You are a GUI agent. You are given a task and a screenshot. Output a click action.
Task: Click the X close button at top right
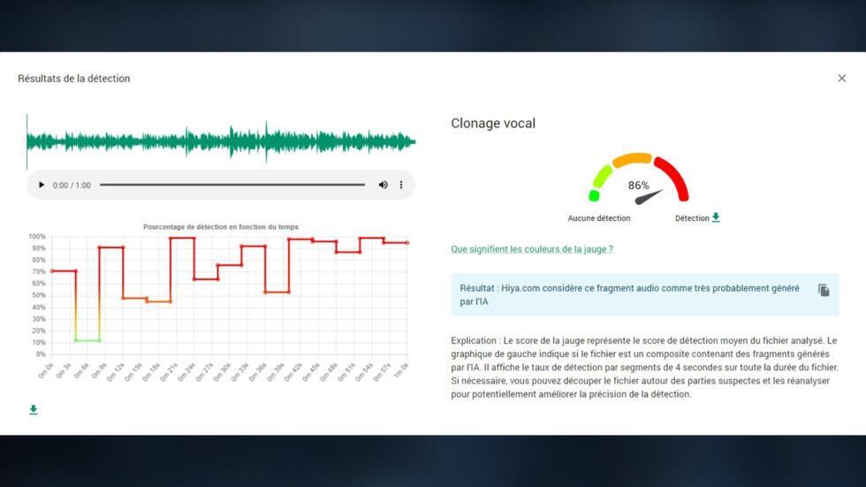pyautogui.click(x=841, y=79)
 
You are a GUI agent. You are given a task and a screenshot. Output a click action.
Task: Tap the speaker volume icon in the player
pyautogui.click(x=383, y=185)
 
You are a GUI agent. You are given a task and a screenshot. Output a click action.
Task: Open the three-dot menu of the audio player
pyautogui.click(x=401, y=185)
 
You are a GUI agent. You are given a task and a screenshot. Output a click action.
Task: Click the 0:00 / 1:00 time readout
pyautogui.click(x=72, y=186)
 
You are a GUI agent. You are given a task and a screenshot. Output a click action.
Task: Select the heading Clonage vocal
pyautogui.click(x=493, y=124)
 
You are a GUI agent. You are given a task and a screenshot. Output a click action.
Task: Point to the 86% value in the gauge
pyautogui.click(x=638, y=186)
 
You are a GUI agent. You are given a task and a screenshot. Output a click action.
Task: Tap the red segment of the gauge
pyautogui.click(x=673, y=175)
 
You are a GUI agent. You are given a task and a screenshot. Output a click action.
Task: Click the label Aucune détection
pyautogui.click(x=599, y=218)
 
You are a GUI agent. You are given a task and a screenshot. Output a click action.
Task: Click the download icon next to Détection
pyautogui.click(x=716, y=217)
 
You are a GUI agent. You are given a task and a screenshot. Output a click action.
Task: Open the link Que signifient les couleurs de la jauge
pyautogui.click(x=531, y=249)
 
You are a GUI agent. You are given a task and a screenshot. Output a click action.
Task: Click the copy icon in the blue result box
pyautogui.click(x=824, y=290)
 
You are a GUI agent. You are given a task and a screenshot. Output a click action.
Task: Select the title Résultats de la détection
pyautogui.click(x=74, y=79)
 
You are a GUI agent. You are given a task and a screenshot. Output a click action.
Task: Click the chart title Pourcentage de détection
pyautogui.click(x=221, y=227)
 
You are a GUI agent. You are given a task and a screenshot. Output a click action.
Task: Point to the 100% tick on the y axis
pyautogui.click(x=37, y=237)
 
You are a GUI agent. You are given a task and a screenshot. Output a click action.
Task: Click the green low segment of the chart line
pyautogui.click(x=87, y=340)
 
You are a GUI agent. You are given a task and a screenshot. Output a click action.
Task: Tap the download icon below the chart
pyautogui.click(x=34, y=410)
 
